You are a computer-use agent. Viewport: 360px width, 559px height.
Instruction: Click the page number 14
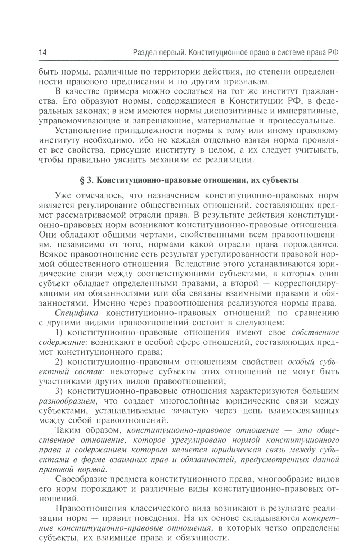[x=42, y=53]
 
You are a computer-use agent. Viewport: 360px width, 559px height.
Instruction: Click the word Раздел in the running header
[x=144, y=53]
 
